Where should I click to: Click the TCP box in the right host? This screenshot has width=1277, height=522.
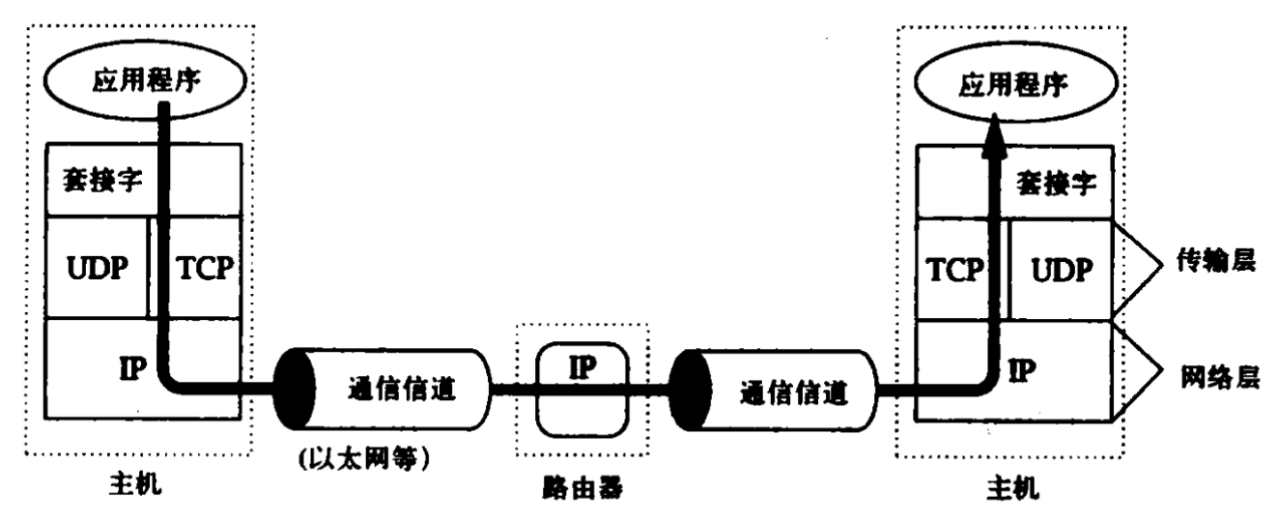coord(956,272)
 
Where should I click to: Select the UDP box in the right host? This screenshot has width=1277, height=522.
coord(1060,272)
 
